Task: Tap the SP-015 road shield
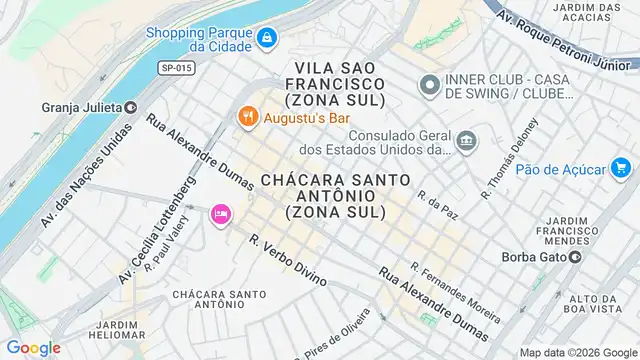[176, 67]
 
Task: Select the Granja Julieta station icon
[131, 107]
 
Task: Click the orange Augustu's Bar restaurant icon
[247, 116]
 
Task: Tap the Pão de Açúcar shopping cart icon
[621, 168]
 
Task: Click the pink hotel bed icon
[220, 214]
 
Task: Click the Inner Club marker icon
[429, 84]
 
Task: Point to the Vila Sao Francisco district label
[334, 83]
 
